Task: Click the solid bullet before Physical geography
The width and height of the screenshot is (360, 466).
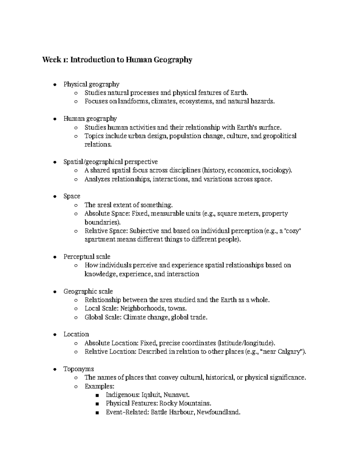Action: click(x=54, y=85)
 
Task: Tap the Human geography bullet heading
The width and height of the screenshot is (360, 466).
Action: click(x=90, y=119)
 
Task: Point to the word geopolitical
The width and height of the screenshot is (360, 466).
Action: click(x=280, y=136)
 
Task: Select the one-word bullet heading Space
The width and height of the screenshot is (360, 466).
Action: click(x=72, y=196)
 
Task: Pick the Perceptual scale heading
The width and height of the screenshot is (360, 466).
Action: click(x=87, y=257)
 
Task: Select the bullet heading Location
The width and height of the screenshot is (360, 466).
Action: click(x=76, y=334)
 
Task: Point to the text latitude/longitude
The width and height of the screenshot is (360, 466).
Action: click(x=246, y=343)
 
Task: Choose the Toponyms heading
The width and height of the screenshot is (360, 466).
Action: click(x=79, y=369)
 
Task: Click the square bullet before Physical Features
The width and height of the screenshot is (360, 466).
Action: click(x=97, y=404)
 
